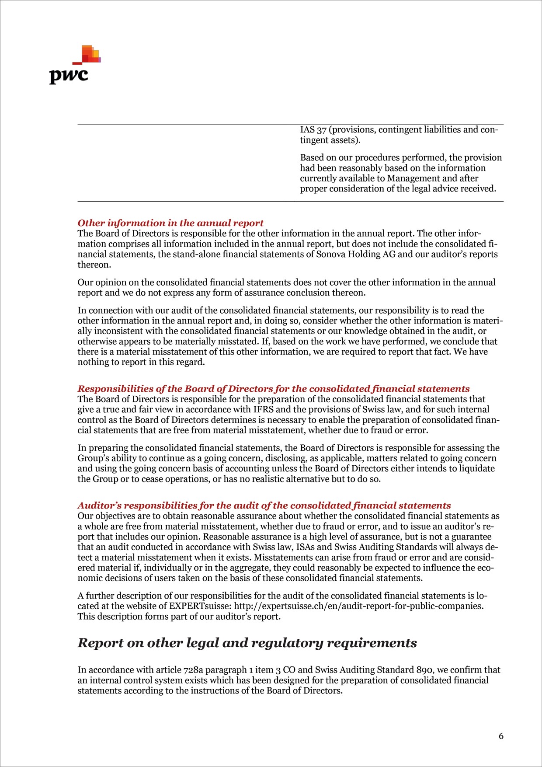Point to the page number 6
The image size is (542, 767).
pyautogui.click(x=501, y=736)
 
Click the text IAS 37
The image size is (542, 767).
pyautogui.click(x=313, y=130)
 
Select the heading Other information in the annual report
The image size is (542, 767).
pyautogui.click(x=170, y=223)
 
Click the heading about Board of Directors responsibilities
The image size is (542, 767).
pyautogui.click(x=273, y=389)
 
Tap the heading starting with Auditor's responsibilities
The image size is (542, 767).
pyautogui.click(x=264, y=506)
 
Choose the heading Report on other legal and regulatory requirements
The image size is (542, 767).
pyautogui.click(x=247, y=643)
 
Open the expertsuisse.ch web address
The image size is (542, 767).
pyautogui.click(x=358, y=606)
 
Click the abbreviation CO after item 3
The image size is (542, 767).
pyautogui.click(x=289, y=670)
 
